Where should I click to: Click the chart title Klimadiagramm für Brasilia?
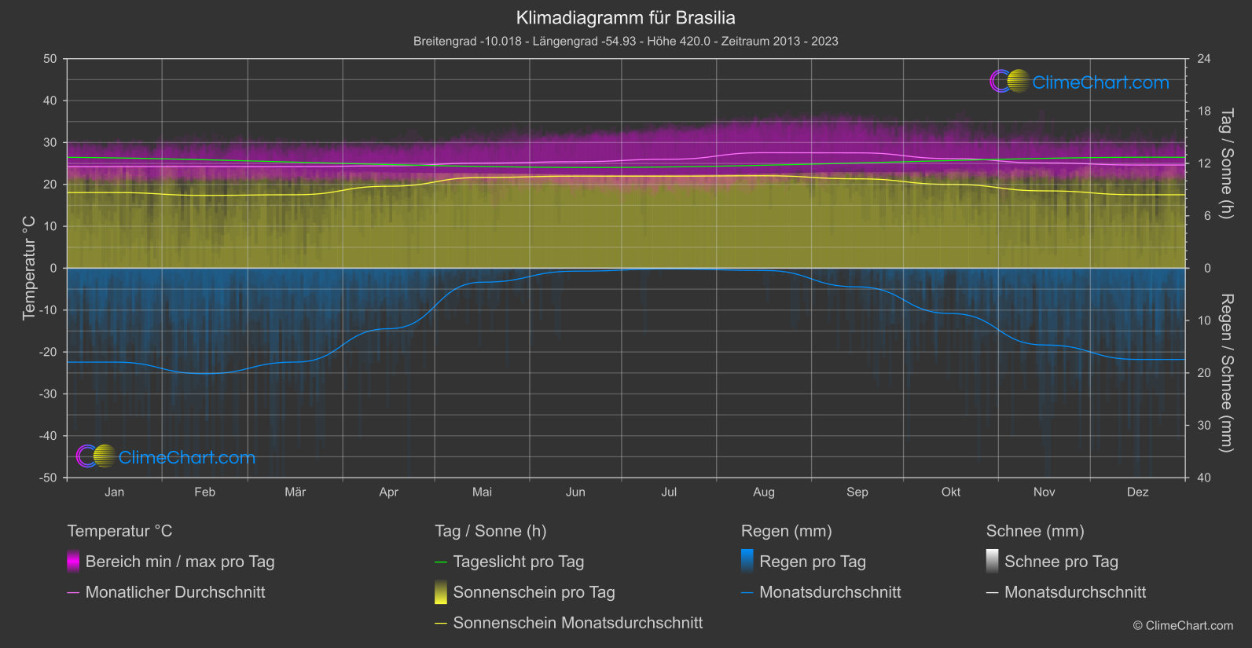626,17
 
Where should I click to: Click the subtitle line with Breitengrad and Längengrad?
626,41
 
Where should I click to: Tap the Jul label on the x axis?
669,492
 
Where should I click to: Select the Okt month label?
950,492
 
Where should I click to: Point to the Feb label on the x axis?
204,492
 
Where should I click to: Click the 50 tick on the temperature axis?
50,59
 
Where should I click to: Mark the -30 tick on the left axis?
49,394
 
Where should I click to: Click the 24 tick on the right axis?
1203,59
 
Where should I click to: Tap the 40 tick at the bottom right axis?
1203,478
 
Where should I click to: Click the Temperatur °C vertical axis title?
29,268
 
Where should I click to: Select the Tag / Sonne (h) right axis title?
1225,163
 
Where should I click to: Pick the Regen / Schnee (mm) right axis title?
1225,373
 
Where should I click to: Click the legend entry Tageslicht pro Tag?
518,562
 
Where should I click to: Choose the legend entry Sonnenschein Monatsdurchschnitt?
578,623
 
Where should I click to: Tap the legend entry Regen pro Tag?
812,562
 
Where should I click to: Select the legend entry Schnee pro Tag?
1060,562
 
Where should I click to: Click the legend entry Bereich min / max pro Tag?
179,562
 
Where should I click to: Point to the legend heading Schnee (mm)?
1034,531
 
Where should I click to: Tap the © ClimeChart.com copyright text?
1183,625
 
